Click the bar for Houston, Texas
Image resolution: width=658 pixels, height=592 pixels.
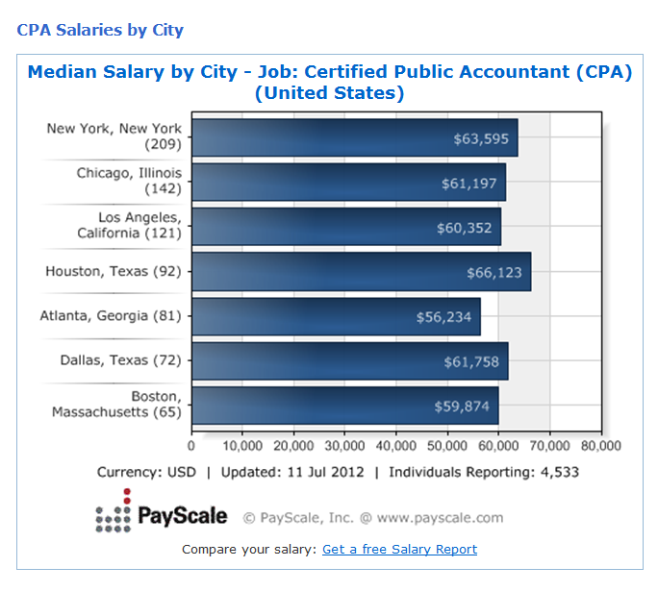coord(361,272)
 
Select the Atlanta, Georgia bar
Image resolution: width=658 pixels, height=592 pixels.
coord(336,316)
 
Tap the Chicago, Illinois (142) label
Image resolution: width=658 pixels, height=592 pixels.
coord(129,181)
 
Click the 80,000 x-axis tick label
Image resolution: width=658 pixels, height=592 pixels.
coord(600,446)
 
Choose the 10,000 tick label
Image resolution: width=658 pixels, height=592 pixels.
coord(242,446)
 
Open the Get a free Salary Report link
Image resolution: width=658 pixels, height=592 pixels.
coord(399,550)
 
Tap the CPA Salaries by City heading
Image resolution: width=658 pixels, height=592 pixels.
coord(100,30)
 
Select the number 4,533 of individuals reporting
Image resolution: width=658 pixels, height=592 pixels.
coord(558,473)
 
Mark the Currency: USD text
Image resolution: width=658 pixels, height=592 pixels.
coord(146,473)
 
